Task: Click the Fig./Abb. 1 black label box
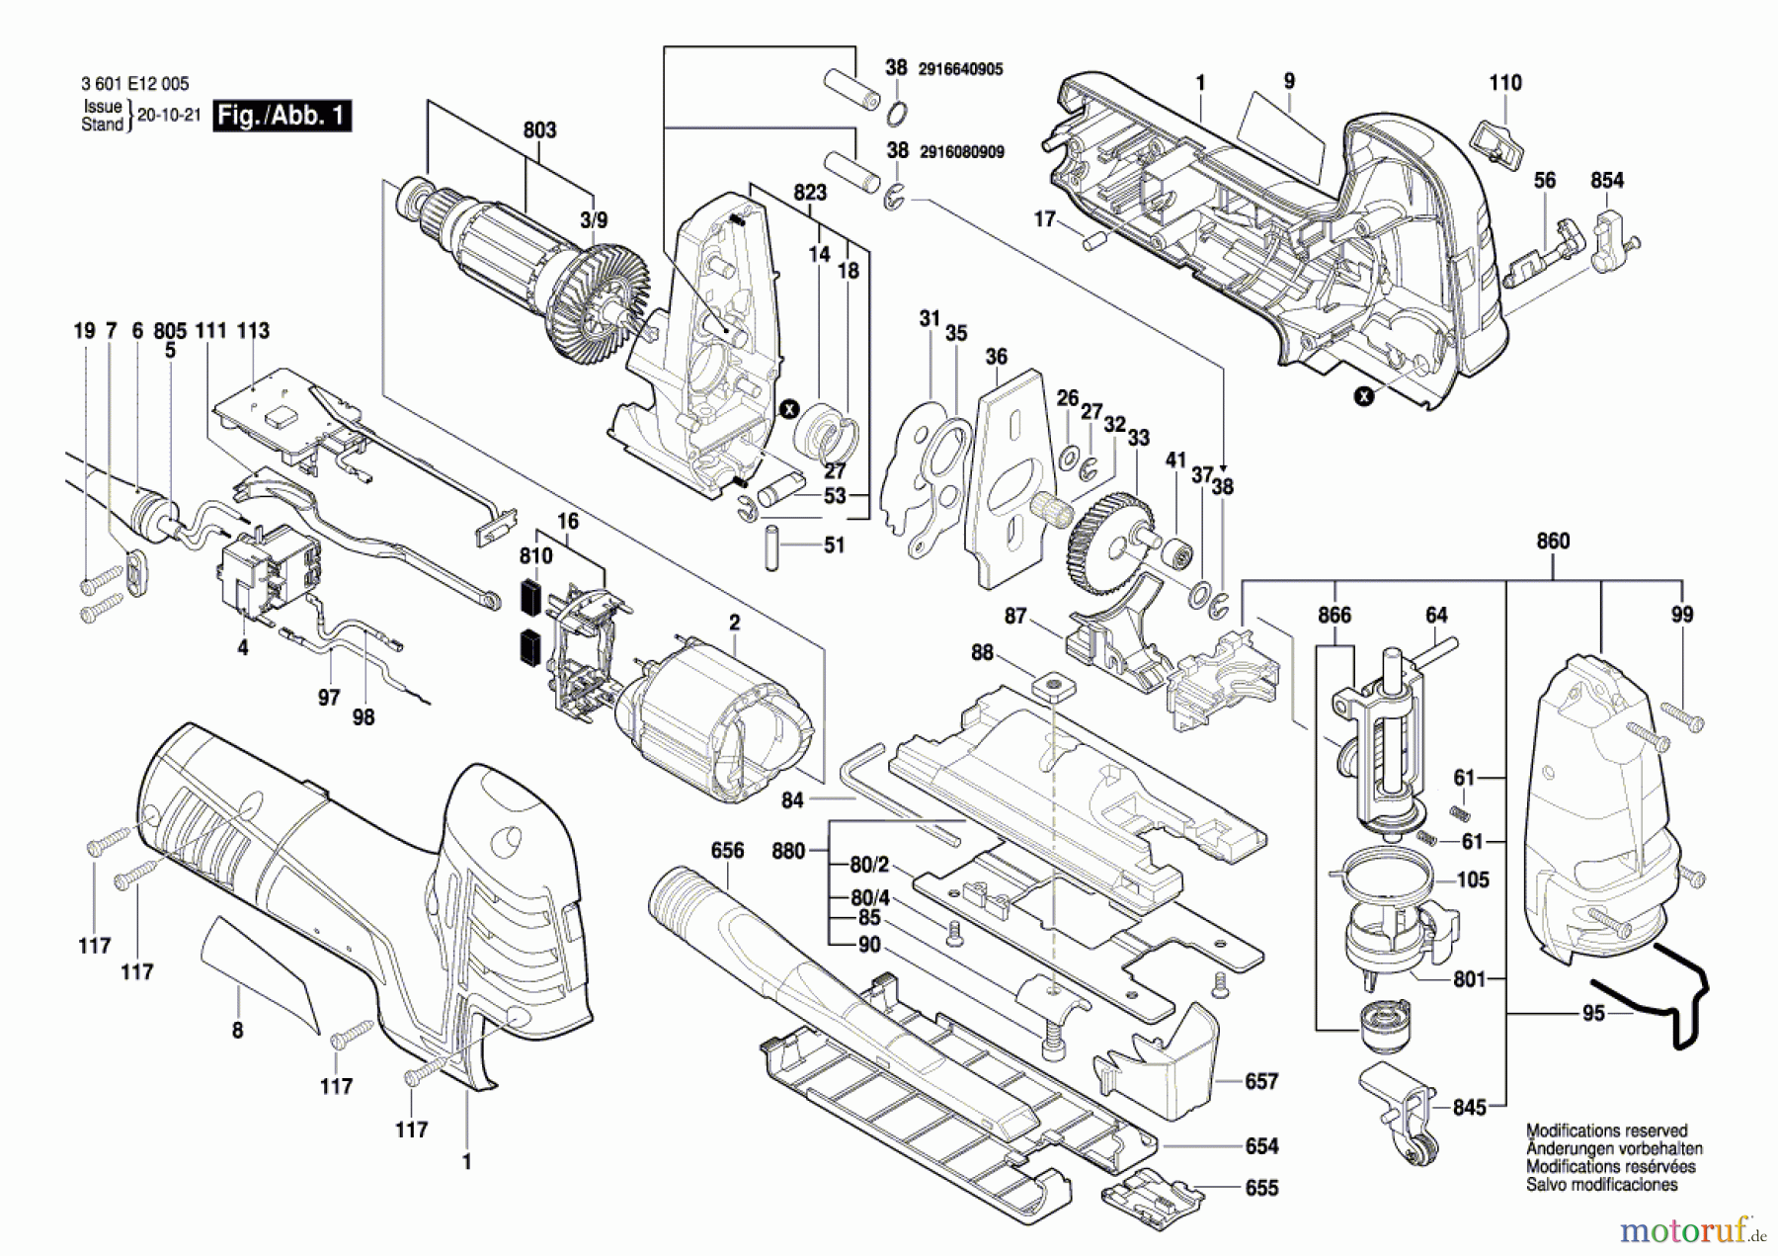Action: click(x=283, y=116)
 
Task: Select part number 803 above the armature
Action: click(x=539, y=130)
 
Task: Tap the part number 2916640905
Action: click(x=960, y=69)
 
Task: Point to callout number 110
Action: click(x=1505, y=83)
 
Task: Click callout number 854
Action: click(x=1607, y=180)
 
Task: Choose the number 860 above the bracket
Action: click(x=1553, y=541)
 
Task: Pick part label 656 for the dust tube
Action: click(x=727, y=850)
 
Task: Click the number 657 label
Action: click(x=1261, y=1081)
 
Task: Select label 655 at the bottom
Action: click(x=1261, y=1188)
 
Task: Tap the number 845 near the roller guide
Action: click(x=1469, y=1108)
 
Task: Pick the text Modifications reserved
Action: click(x=1607, y=1130)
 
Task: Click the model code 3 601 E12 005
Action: click(x=135, y=85)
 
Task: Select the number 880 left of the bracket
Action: click(x=788, y=850)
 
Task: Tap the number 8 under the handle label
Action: click(x=237, y=1031)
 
